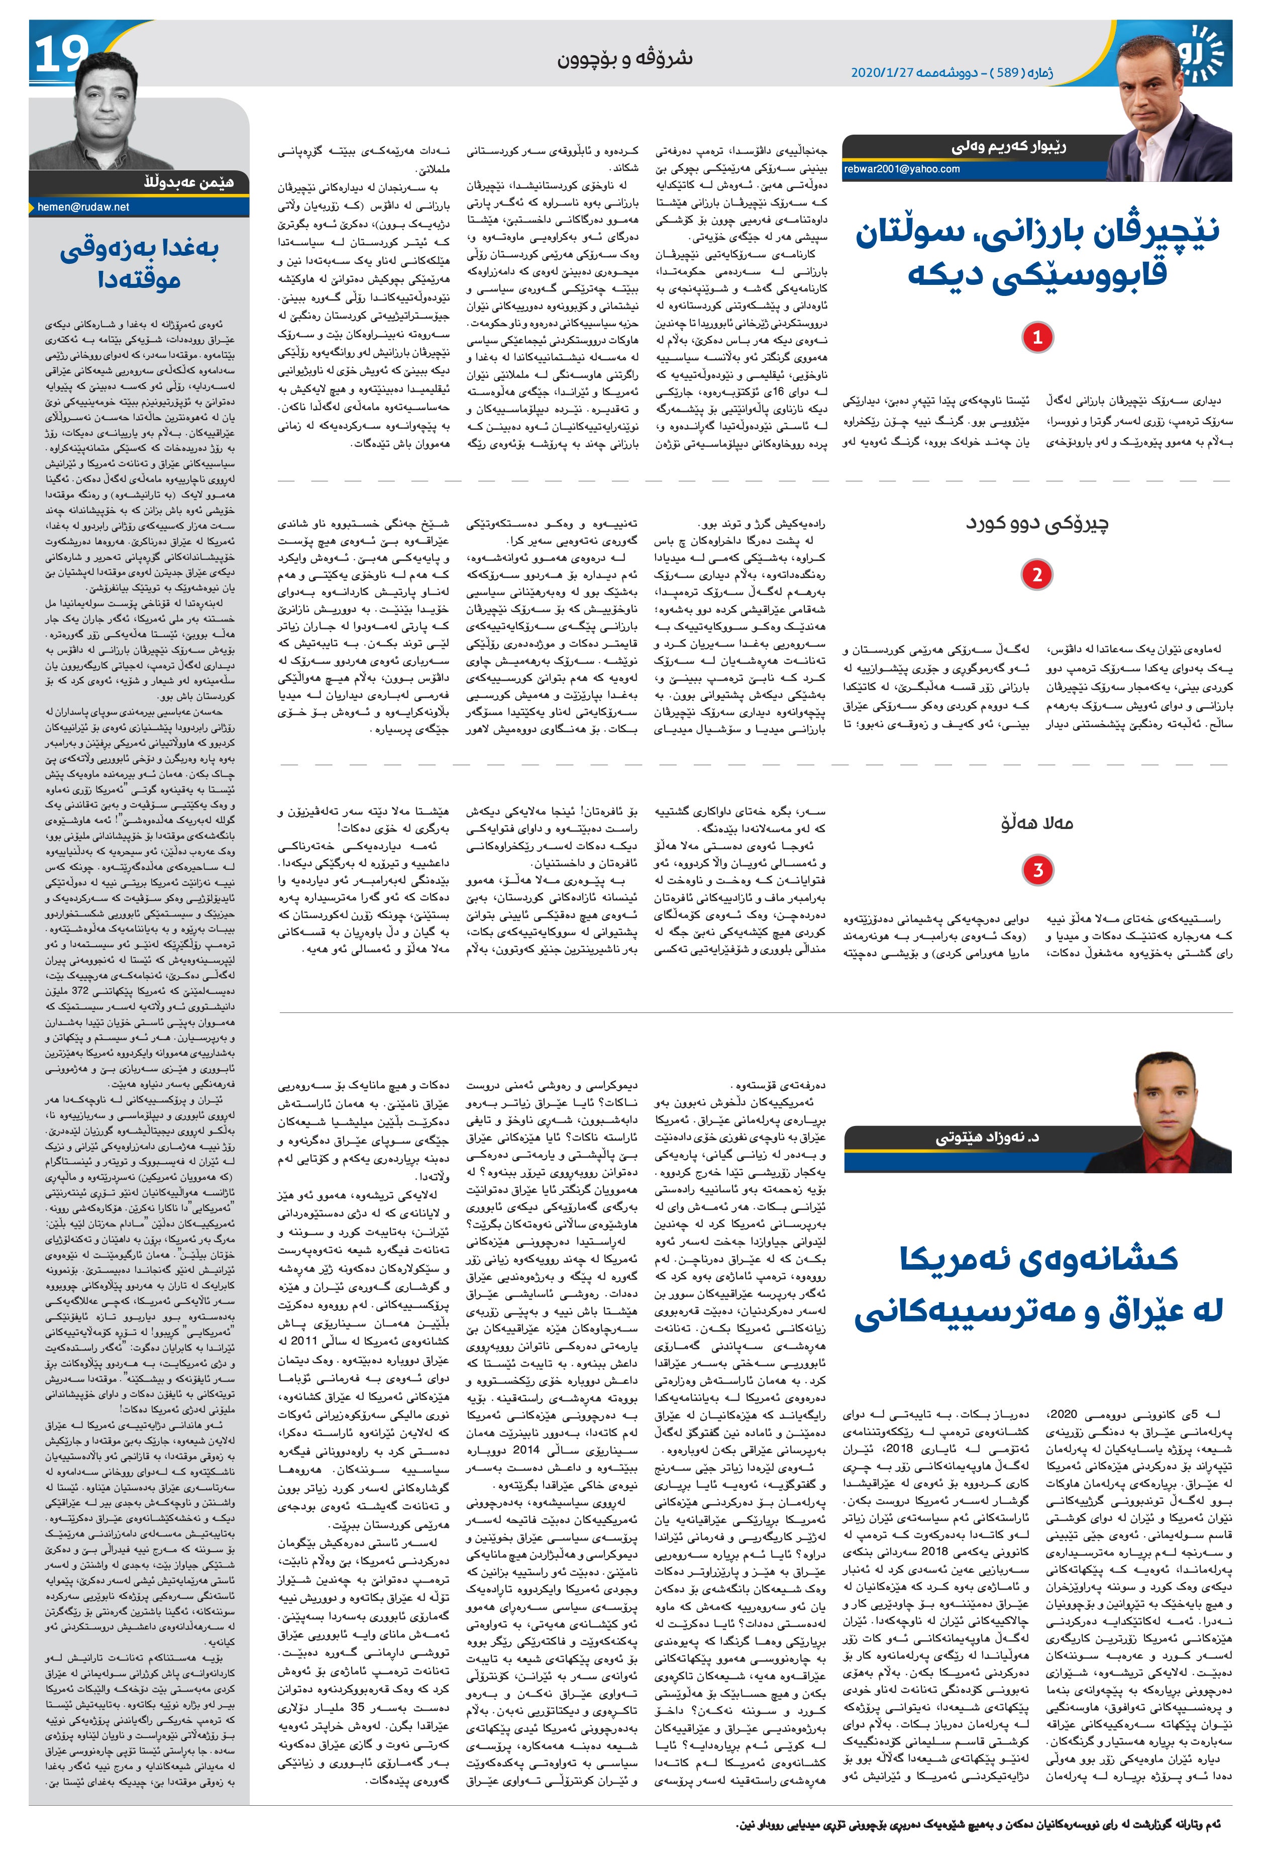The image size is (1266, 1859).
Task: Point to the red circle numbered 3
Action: click(1037, 870)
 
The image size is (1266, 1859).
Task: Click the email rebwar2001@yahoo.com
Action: click(902, 169)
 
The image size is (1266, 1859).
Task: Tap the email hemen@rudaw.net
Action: click(83, 207)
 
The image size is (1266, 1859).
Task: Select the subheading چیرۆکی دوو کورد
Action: click(1036, 525)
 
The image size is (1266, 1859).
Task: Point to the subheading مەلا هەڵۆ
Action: click(1036, 822)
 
